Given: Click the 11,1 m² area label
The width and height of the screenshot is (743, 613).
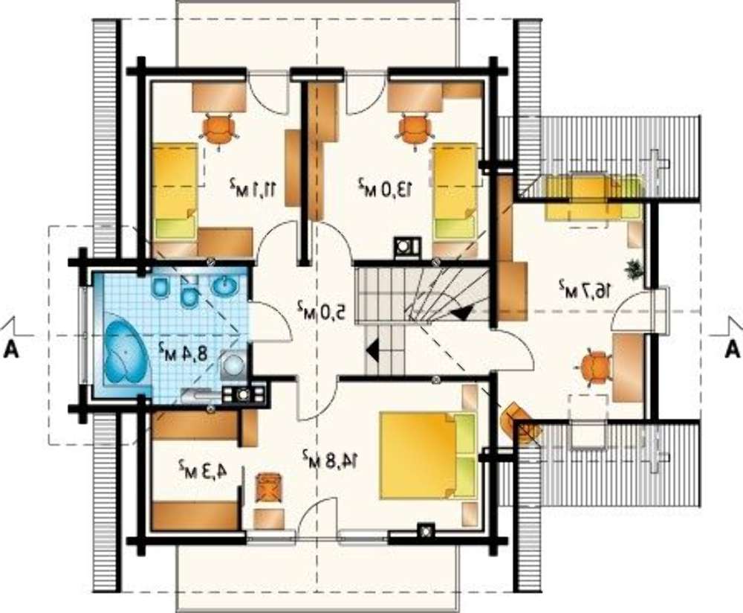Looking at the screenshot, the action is pyautogui.click(x=253, y=187).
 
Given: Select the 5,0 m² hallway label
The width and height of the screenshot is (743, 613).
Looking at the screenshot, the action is pyautogui.click(x=321, y=311).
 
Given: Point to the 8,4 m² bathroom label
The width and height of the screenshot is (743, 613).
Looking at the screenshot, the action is pyautogui.click(x=183, y=351).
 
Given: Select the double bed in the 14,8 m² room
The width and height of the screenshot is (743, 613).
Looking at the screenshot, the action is pyautogui.click(x=429, y=455).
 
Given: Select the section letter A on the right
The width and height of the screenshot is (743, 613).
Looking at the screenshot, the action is pyautogui.click(x=733, y=350).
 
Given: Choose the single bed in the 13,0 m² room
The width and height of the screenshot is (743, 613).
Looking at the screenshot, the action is pyautogui.click(x=455, y=192).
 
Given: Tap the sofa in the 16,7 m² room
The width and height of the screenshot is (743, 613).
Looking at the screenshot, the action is pyautogui.click(x=594, y=199).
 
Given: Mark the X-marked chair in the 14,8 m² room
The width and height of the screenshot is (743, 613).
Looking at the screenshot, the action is pyautogui.click(x=270, y=488).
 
